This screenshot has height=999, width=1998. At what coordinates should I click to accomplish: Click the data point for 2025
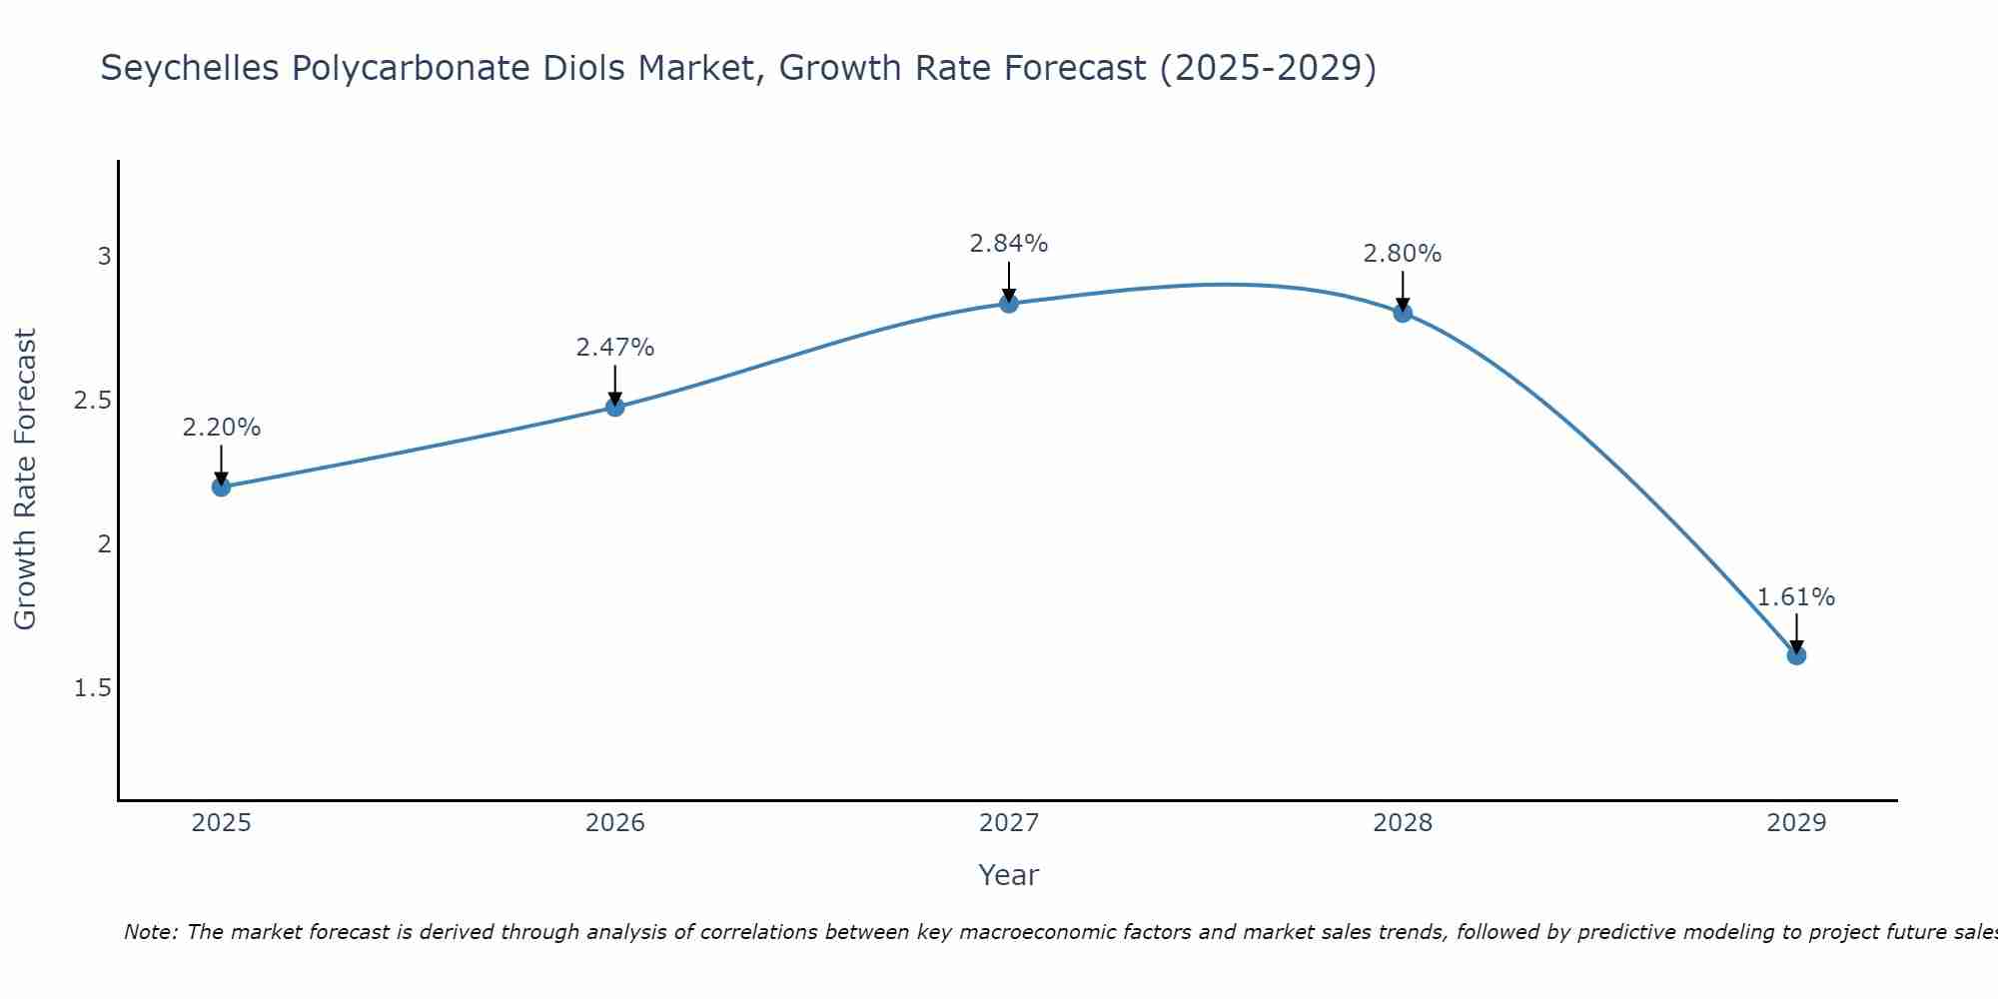[x=221, y=487]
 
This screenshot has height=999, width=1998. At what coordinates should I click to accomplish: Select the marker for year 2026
[x=615, y=407]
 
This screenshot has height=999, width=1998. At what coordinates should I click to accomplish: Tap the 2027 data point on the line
[x=1009, y=303]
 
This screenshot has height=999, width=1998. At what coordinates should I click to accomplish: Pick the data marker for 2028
[x=1403, y=313]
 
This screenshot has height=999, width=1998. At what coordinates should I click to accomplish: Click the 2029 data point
[x=1796, y=655]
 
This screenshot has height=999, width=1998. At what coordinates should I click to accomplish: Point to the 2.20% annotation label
[x=221, y=428]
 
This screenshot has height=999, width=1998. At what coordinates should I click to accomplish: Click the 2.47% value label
[x=615, y=348]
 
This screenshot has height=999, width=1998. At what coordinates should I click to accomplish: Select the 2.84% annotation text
[x=1009, y=244]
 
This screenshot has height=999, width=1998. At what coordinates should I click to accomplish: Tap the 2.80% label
[x=1403, y=254]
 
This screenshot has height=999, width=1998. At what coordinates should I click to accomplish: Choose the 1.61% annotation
[x=1796, y=597]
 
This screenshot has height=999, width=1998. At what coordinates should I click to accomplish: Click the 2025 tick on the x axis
[x=221, y=823]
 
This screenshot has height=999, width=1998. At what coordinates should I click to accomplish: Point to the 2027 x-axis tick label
[x=1009, y=823]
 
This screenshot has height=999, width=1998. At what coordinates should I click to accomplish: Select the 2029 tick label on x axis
[x=1796, y=823]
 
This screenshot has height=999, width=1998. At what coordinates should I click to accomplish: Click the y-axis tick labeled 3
[x=104, y=257]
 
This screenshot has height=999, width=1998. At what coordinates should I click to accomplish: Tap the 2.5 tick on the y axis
[x=93, y=401]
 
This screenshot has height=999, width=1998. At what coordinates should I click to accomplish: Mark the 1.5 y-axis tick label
[x=93, y=688]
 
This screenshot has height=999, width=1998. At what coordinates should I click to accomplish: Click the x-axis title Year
[x=1009, y=875]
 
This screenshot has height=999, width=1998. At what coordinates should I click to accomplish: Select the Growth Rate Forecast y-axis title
[x=25, y=480]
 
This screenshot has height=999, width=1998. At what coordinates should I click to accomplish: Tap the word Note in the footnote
[x=150, y=932]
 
